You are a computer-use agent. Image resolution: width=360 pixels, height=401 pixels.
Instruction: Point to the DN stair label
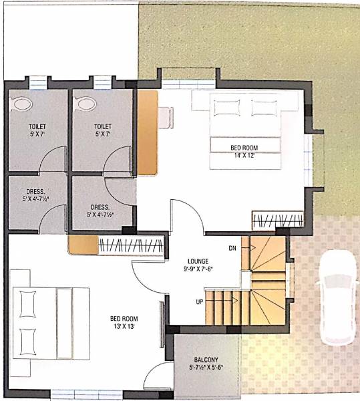232,249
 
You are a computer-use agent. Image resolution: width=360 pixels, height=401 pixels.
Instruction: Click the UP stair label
200,302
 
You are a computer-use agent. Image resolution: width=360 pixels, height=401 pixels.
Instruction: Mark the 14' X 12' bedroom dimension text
244,156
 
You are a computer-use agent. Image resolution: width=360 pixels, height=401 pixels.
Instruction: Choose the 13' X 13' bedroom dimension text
124,327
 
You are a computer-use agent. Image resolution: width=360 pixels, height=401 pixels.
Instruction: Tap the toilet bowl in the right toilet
85,104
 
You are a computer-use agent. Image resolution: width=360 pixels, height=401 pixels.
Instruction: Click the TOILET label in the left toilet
37,126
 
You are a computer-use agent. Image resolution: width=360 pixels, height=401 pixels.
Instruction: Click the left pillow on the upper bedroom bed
224,106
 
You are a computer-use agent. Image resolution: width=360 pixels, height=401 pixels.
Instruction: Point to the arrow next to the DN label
252,248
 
